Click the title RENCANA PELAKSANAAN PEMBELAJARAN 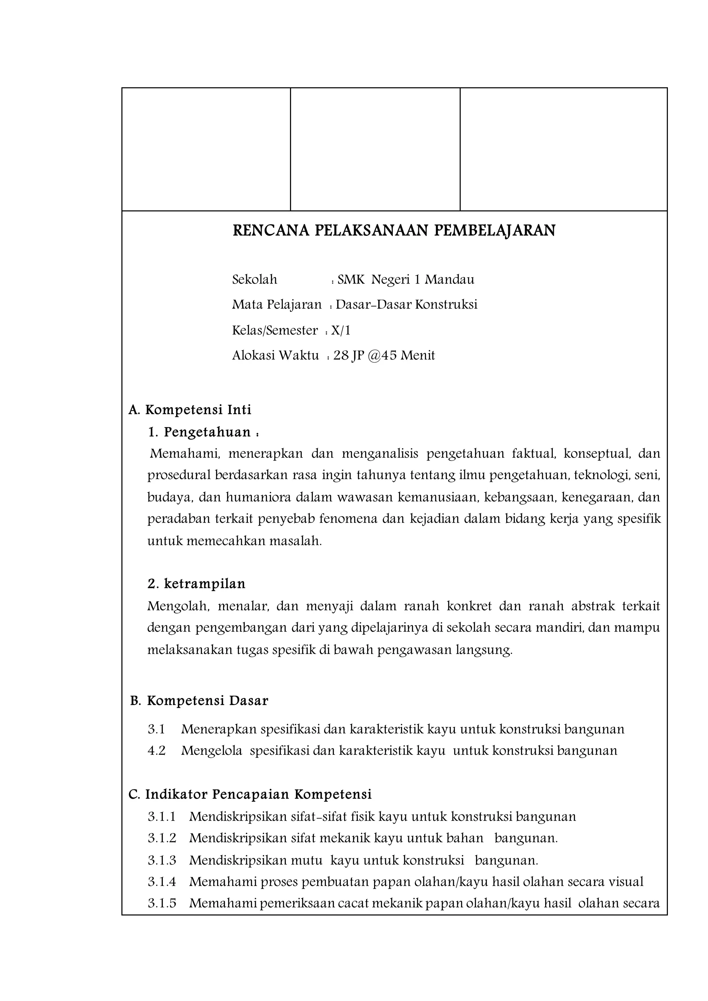pyautogui.click(x=394, y=231)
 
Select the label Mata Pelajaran pyautogui.click(x=277, y=305)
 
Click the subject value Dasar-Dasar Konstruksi pyautogui.click(x=406, y=305)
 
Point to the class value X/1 pyautogui.click(x=341, y=330)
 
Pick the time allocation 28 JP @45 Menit pyautogui.click(x=384, y=356)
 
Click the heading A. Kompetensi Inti pyautogui.click(x=190, y=410)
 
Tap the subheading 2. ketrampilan pyautogui.click(x=196, y=584)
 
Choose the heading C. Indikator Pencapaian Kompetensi pyautogui.click(x=250, y=794)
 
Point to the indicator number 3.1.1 pyautogui.click(x=161, y=816)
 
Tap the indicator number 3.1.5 pyautogui.click(x=161, y=903)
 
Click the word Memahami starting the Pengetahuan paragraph pyautogui.click(x=184, y=454)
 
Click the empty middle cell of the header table pyautogui.click(x=375, y=149)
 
